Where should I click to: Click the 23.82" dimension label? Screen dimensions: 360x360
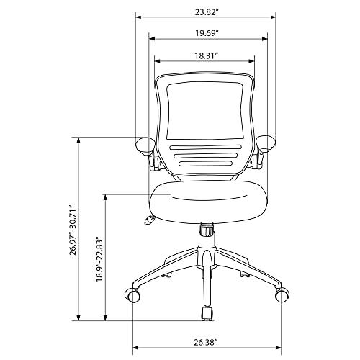point(206,12)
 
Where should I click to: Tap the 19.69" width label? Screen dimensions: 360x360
point(206,33)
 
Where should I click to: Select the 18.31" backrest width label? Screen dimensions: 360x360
point(206,55)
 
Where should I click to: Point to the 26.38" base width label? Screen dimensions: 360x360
point(206,342)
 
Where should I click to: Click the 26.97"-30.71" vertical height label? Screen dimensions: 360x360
point(73,230)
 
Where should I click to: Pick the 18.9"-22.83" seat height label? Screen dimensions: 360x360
point(99,259)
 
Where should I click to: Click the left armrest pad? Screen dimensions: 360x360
point(145,145)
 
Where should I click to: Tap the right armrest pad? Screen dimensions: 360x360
point(266,143)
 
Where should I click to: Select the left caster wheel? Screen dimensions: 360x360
point(132,295)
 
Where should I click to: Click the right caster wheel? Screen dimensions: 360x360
point(282,294)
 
